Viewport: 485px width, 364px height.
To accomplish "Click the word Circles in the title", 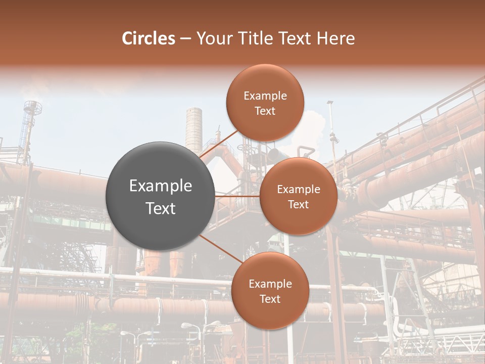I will (149, 38).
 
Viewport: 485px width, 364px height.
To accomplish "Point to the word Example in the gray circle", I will (161, 186).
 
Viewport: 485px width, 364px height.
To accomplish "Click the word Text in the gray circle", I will (161, 208).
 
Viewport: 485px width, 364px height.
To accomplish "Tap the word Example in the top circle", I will (265, 96).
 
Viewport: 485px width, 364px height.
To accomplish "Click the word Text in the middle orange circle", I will (298, 204).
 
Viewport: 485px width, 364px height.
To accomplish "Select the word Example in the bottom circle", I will (270, 284).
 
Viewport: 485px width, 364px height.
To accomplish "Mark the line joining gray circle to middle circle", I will (237, 196).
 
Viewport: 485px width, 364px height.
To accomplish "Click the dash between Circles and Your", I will (185, 39).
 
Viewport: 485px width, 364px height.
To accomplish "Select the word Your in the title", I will (211, 38).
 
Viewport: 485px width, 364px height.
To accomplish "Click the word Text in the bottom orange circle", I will (270, 299).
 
